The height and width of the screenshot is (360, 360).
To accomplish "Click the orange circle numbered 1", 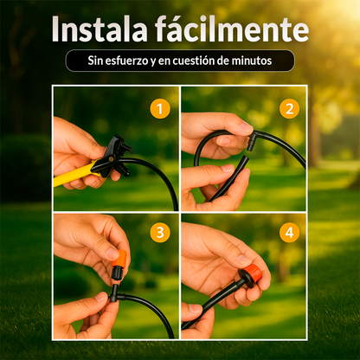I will (158, 108).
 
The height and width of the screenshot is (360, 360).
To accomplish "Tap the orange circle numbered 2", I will (288, 108).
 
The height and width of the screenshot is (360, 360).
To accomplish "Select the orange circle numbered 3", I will (158, 233).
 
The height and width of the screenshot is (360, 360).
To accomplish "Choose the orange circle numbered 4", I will (288, 233).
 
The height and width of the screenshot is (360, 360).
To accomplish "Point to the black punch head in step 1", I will (115, 153).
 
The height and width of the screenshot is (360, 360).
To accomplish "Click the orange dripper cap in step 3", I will (119, 260).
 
